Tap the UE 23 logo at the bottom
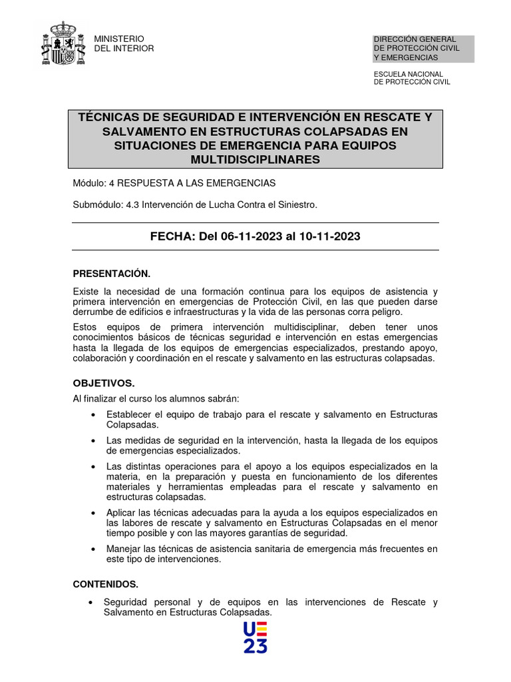point(255,637)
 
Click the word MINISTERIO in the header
point(119,39)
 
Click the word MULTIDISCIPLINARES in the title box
point(255,159)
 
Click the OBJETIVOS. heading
point(104,384)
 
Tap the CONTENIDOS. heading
point(106,584)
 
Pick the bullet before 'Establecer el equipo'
point(92,415)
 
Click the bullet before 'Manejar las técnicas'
point(92,549)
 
